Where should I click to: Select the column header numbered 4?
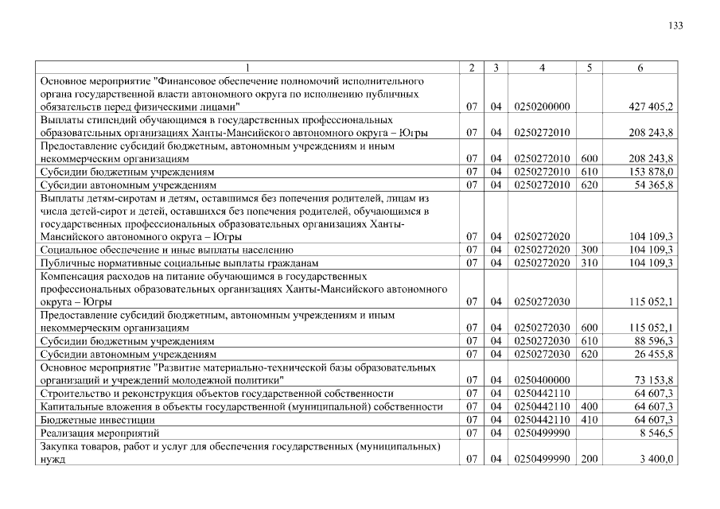coord(541,68)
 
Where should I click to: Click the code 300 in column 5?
coord(589,250)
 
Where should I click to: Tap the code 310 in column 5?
coord(589,262)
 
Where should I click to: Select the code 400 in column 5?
coord(589,406)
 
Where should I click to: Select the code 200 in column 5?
coord(589,459)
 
